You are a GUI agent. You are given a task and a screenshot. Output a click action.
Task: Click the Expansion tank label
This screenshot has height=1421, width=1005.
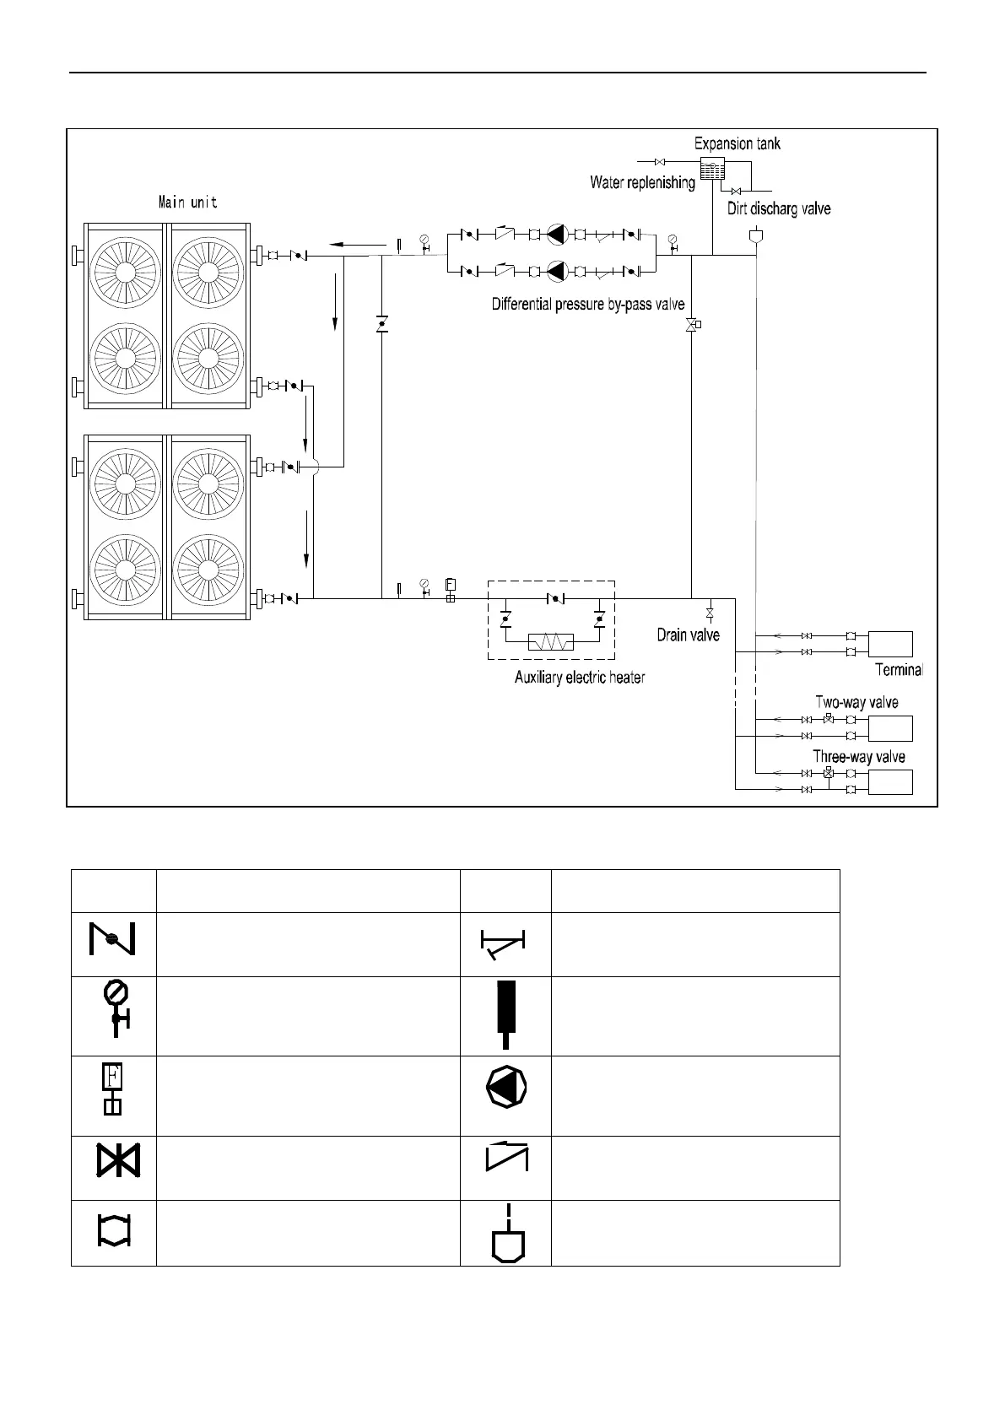(737, 143)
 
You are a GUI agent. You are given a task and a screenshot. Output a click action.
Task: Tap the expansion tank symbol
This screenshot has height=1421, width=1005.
(712, 168)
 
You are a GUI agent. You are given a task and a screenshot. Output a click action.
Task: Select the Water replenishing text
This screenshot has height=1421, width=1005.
(642, 182)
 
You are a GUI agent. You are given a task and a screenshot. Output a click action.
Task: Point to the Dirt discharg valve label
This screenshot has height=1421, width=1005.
(779, 208)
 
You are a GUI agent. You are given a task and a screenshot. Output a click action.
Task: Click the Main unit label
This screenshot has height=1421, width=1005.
(188, 203)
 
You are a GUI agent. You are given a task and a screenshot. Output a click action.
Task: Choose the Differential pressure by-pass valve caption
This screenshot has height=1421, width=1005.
(588, 304)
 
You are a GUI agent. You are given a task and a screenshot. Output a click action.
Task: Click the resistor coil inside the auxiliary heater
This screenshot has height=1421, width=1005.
(550, 642)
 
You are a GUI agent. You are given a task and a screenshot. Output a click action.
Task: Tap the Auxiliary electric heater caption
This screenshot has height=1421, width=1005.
(580, 678)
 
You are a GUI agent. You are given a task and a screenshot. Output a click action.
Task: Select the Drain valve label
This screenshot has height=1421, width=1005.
(688, 635)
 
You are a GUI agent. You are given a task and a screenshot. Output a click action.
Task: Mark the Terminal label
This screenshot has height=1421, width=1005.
(900, 671)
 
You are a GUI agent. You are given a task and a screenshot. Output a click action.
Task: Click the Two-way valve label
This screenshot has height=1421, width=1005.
(856, 702)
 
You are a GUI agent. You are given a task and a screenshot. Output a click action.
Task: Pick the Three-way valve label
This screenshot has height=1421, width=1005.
(859, 757)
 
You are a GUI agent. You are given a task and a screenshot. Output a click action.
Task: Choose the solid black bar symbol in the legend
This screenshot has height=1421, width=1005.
(505, 1009)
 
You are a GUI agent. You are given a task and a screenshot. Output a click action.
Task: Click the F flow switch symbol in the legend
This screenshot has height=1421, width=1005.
(112, 1088)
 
